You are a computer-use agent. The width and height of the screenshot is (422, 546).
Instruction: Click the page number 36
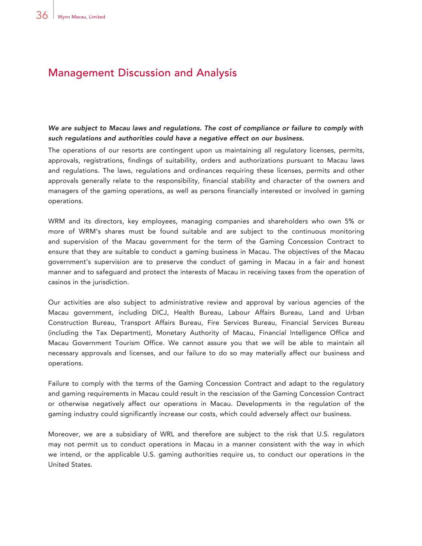coord(42,16)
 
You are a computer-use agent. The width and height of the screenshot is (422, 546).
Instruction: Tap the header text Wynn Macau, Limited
coord(81,17)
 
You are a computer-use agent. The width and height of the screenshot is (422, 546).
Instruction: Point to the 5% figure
coord(343,221)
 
